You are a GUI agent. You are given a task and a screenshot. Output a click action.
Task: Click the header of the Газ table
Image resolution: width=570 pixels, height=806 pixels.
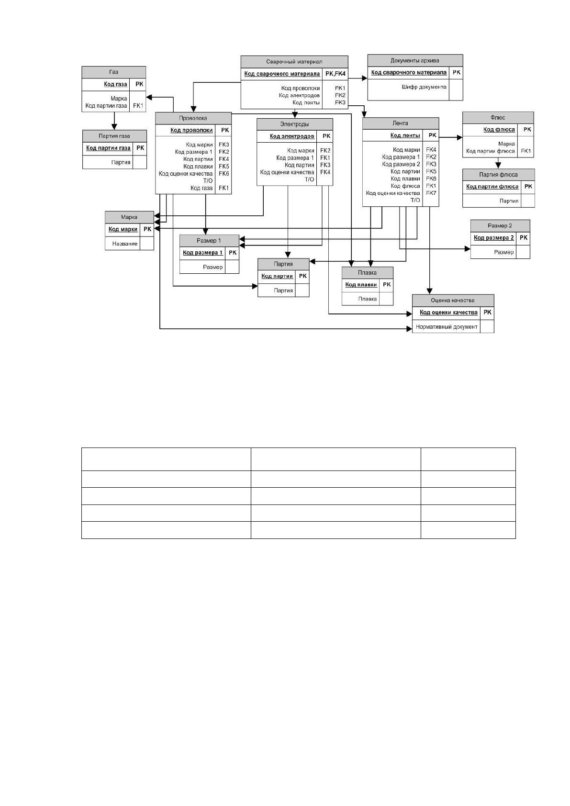tap(114, 72)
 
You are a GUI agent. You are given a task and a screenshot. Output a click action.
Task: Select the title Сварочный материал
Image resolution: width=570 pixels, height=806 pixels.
tap(294, 62)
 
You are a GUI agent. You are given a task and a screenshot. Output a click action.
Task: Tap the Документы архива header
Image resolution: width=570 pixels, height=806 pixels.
tap(415, 60)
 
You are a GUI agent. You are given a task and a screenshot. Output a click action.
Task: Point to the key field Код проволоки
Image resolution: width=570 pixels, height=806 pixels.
tap(191, 130)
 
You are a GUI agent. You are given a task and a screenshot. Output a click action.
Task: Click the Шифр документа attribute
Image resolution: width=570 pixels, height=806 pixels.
tap(424, 87)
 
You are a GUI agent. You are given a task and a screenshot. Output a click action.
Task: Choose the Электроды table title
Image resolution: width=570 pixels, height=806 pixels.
tap(294, 124)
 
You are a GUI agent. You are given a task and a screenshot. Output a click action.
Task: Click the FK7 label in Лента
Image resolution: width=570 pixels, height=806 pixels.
tap(431, 193)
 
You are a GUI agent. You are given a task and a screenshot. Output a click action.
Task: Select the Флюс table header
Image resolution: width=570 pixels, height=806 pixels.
tap(498, 118)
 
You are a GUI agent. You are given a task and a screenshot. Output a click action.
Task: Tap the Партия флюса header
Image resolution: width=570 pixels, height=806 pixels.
tap(498, 175)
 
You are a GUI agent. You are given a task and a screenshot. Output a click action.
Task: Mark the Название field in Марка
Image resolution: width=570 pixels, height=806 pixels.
tap(125, 244)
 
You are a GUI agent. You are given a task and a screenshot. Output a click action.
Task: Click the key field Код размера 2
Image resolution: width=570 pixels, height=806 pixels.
tap(494, 237)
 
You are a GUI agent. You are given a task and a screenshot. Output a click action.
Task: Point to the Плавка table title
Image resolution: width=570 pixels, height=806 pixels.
tap(368, 273)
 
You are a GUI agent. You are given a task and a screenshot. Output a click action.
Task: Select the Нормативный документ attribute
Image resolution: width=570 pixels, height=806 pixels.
tap(447, 327)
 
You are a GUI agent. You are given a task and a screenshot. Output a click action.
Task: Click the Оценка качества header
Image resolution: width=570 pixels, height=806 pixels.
tap(453, 301)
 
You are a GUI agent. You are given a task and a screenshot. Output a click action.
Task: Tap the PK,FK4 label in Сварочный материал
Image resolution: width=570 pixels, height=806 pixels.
tap(335, 74)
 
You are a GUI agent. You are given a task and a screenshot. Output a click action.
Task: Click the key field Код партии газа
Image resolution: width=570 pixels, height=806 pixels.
tap(108, 148)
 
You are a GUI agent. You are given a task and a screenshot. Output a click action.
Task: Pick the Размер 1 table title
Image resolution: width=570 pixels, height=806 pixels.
tap(209, 241)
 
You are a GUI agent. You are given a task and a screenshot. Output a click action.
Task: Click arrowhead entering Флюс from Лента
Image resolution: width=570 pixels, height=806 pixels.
tap(460, 137)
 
